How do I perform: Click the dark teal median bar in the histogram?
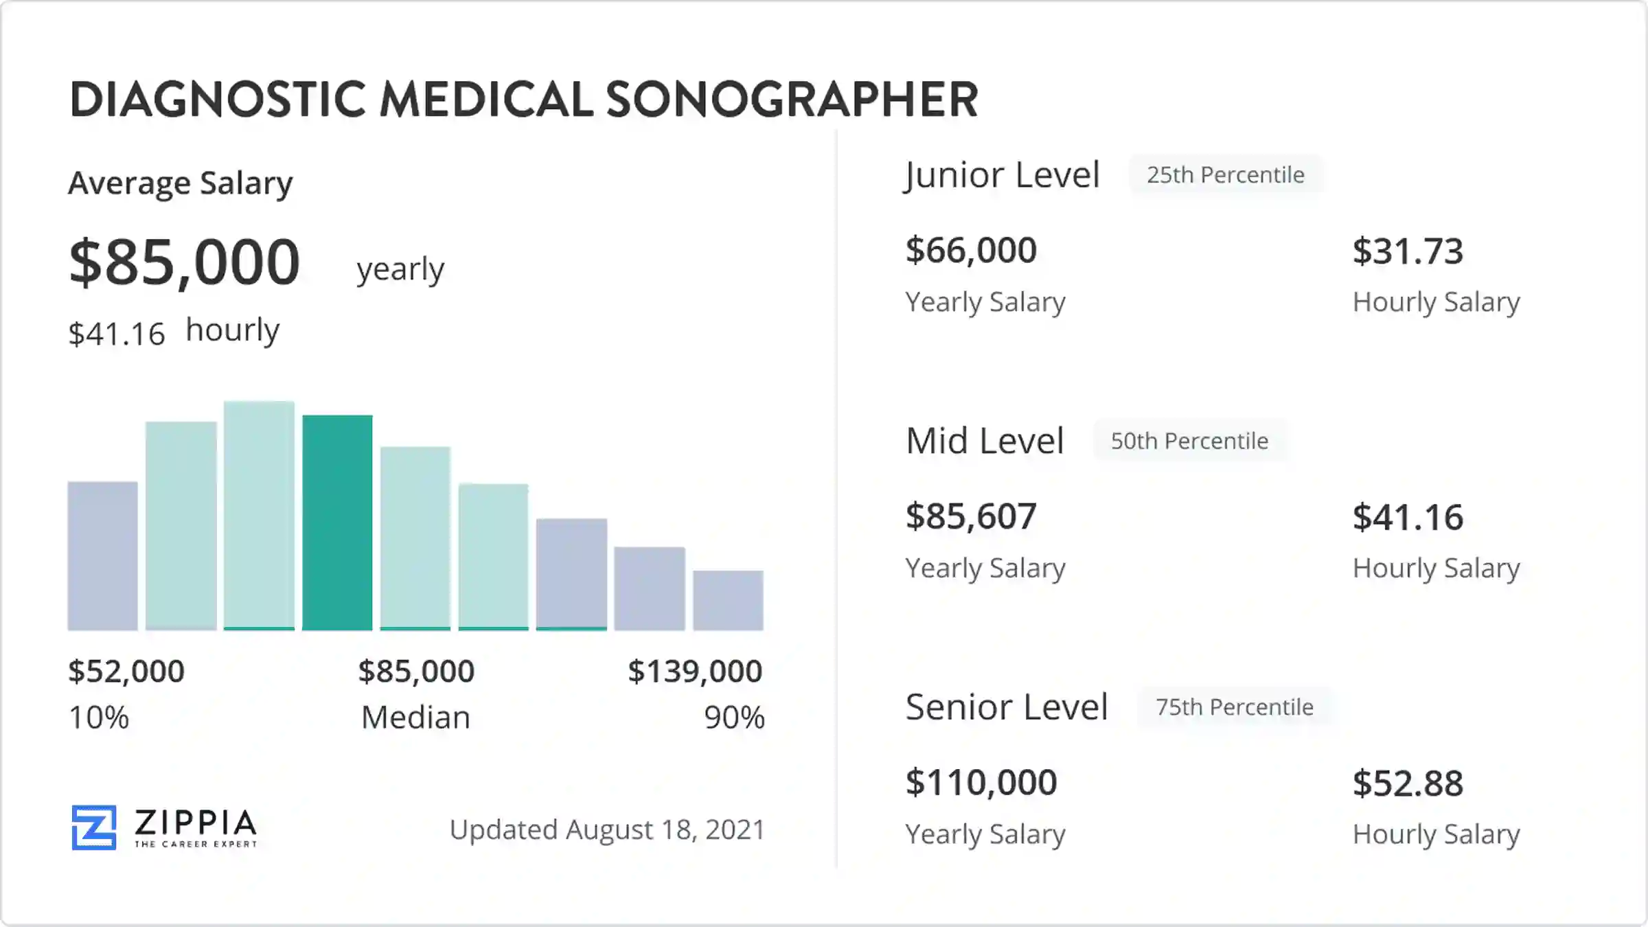tap(337, 522)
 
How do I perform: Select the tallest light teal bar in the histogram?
tap(259, 515)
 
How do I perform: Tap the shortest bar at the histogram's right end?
tap(728, 599)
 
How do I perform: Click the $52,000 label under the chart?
tap(126, 671)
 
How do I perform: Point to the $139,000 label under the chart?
tap(695, 671)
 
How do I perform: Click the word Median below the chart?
tap(415, 718)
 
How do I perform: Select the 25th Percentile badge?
tap(1225, 175)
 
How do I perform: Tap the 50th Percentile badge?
tap(1189, 441)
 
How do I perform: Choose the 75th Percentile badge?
tap(1234, 707)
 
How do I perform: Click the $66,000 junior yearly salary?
tap(970, 250)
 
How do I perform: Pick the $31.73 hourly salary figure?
tap(1408, 251)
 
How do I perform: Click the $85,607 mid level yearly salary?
tap(970, 516)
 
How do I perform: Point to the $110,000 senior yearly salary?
tap(981, 782)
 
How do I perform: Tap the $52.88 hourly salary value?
tap(1408, 783)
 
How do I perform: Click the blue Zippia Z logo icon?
tap(94, 827)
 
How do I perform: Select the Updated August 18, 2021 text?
tap(607, 829)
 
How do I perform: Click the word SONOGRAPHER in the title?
tap(792, 100)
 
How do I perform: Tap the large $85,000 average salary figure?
tap(184, 262)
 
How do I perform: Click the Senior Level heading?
tap(1006, 707)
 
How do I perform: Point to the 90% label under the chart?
tap(734, 718)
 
